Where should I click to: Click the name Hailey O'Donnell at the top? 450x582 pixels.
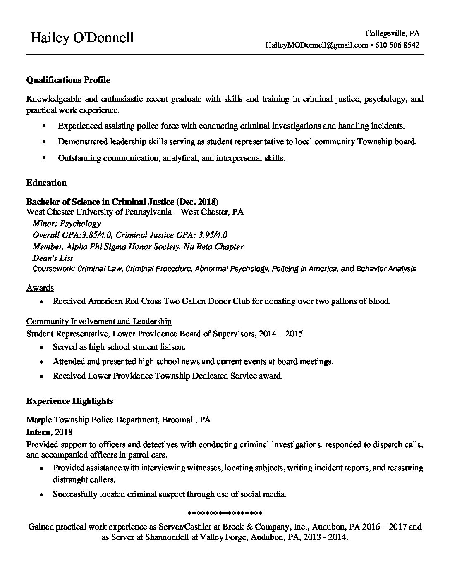click(82, 38)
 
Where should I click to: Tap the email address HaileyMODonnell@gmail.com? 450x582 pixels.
click(316, 45)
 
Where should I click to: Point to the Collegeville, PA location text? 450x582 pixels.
click(393, 33)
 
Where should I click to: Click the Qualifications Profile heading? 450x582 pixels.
click(68, 80)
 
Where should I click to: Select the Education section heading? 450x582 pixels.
click(46, 183)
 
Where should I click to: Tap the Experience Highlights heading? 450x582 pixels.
click(69, 401)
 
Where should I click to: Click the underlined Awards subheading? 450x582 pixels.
click(40, 288)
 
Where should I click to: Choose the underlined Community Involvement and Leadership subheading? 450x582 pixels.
click(99, 321)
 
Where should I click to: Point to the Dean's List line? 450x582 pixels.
click(53, 258)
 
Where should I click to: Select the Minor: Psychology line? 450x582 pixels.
click(66, 224)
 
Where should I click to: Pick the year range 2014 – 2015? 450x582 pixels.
click(280, 333)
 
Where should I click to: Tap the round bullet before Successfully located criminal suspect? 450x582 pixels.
click(42, 494)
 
